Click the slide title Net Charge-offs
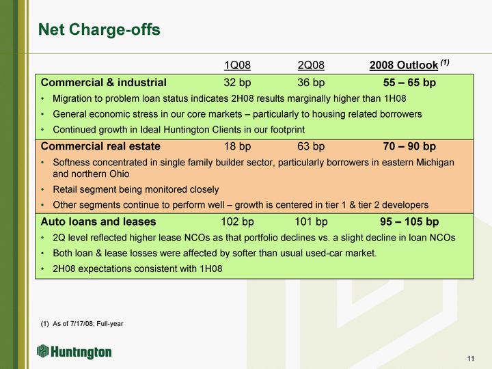[x=99, y=29]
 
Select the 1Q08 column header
[x=237, y=66]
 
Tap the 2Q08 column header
[x=311, y=66]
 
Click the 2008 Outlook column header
[x=404, y=66]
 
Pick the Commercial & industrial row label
[x=104, y=83]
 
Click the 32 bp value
[x=237, y=83]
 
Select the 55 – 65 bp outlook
[x=409, y=83]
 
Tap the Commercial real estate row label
[x=100, y=146]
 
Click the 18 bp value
[x=237, y=146]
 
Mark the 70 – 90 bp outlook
[x=409, y=146]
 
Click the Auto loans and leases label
[x=98, y=221]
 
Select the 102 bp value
[x=237, y=221]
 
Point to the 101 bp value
[x=311, y=221]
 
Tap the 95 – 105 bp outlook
[x=409, y=221]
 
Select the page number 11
[x=471, y=359]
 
